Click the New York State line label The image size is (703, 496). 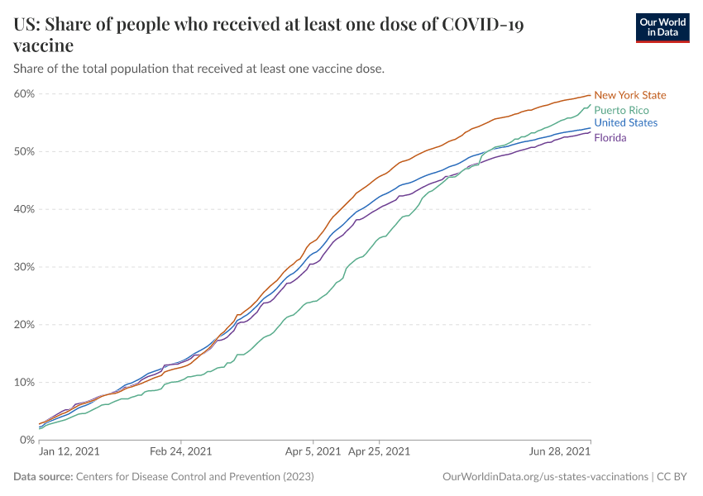pyautogui.click(x=629, y=95)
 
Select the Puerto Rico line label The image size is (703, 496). pyautogui.click(x=621, y=110)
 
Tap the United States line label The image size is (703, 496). pyautogui.click(x=625, y=123)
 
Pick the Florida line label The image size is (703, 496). pyautogui.click(x=610, y=138)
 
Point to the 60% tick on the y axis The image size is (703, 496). pyautogui.click(x=24, y=93)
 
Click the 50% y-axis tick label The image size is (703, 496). pyautogui.click(x=24, y=151)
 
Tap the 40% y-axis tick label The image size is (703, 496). pyautogui.click(x=24, y=209)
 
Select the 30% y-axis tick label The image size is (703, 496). pyautogui.click(x=24, y=267)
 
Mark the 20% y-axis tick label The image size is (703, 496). pyautogui.click(x=24, y=325)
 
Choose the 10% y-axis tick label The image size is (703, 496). pyautogui.click(x=24, y=383)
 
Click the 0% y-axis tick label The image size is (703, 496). pyautogui.click(x=26, y=440)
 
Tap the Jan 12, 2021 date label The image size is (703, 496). pyautogui.click(x=70, y=452)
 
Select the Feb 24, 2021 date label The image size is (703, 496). pyautogui.click(x=180, y=452)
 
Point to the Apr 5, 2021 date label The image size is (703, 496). pyautogui.click(x=313, y=452)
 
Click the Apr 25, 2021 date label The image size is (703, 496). pyautogui.click(x=379, y=452)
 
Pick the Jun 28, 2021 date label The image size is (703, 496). pyautogui.click(x=560, y=452)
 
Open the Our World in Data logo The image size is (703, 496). pyautogui.click(x=662, y=27)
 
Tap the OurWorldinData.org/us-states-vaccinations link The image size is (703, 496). pyautogui.click(x=546, y=477)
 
